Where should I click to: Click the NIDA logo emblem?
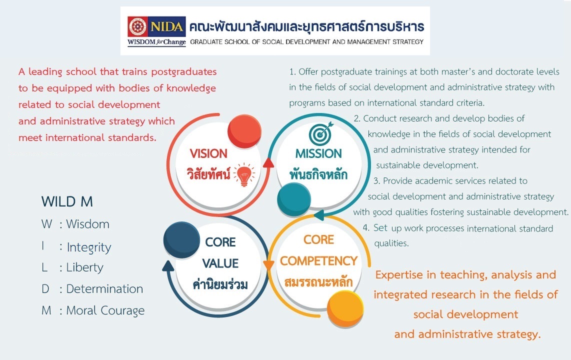click(x=137, y=26)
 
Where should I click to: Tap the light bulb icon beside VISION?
click(x=244, y=174)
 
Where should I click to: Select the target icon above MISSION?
click(x=321, y=133)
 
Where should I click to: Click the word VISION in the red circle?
click(x=208, y=153)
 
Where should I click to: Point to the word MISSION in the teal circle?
click(x=318, y=153)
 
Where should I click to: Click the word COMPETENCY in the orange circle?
click(x=318, y=261)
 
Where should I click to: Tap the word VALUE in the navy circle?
click(x=220, y=263)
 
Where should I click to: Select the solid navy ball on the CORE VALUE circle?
click(x=181, y=240)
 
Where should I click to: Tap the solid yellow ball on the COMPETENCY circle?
click(x=345, y=309)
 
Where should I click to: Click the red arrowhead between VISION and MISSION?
click(x=268, y=162)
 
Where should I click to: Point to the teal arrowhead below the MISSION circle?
click(x=319, y=215)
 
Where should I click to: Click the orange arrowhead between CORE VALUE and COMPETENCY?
click(x=268, y=265)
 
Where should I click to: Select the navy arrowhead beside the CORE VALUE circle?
click(x=168, y=266)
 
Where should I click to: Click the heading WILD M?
click(x=67, y=201)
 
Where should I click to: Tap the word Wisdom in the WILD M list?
click(x=88, y=224)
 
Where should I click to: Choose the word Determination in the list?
click(x=104, y=288)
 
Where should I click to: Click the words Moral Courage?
click(x=105, y=310)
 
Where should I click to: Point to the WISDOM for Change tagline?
click(x=156, y=42)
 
